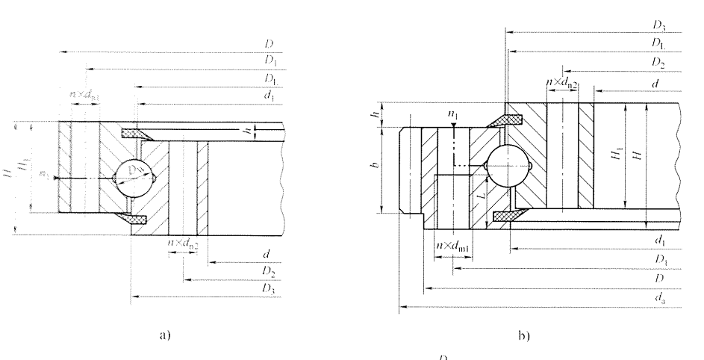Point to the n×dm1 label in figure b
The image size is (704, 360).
coord(452,246)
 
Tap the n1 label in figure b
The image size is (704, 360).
coord(452,115)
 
